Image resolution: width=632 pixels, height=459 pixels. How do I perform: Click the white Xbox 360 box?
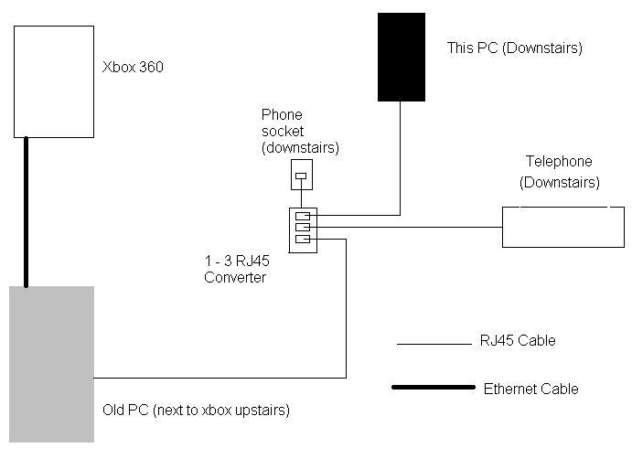point(54,80)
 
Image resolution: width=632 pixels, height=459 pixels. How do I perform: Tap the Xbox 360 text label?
point(133,68)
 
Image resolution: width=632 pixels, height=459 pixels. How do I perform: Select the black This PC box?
point(402,57)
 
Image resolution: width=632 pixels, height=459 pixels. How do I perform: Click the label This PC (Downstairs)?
point(514,48)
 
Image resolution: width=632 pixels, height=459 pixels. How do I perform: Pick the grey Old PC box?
point(51,364)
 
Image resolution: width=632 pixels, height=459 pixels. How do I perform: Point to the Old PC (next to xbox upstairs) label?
point(196,411)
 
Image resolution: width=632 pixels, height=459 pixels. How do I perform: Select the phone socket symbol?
point(301,175)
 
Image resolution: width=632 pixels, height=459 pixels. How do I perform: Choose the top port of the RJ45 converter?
point(302,217)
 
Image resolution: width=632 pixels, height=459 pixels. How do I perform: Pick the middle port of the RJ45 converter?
point(302,227)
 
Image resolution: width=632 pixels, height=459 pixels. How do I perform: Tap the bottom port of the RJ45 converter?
point(302,240)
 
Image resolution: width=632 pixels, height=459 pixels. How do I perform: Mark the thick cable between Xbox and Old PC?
point(27,210)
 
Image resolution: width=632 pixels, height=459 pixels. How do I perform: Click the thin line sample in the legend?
point(433,344)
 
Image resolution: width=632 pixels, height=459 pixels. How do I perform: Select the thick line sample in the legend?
point(433,388)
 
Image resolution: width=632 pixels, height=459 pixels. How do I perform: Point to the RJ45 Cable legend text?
point(517,341)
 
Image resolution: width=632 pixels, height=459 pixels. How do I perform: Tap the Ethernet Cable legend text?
point(530,389)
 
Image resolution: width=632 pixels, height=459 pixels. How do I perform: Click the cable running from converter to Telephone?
point(412,227)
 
